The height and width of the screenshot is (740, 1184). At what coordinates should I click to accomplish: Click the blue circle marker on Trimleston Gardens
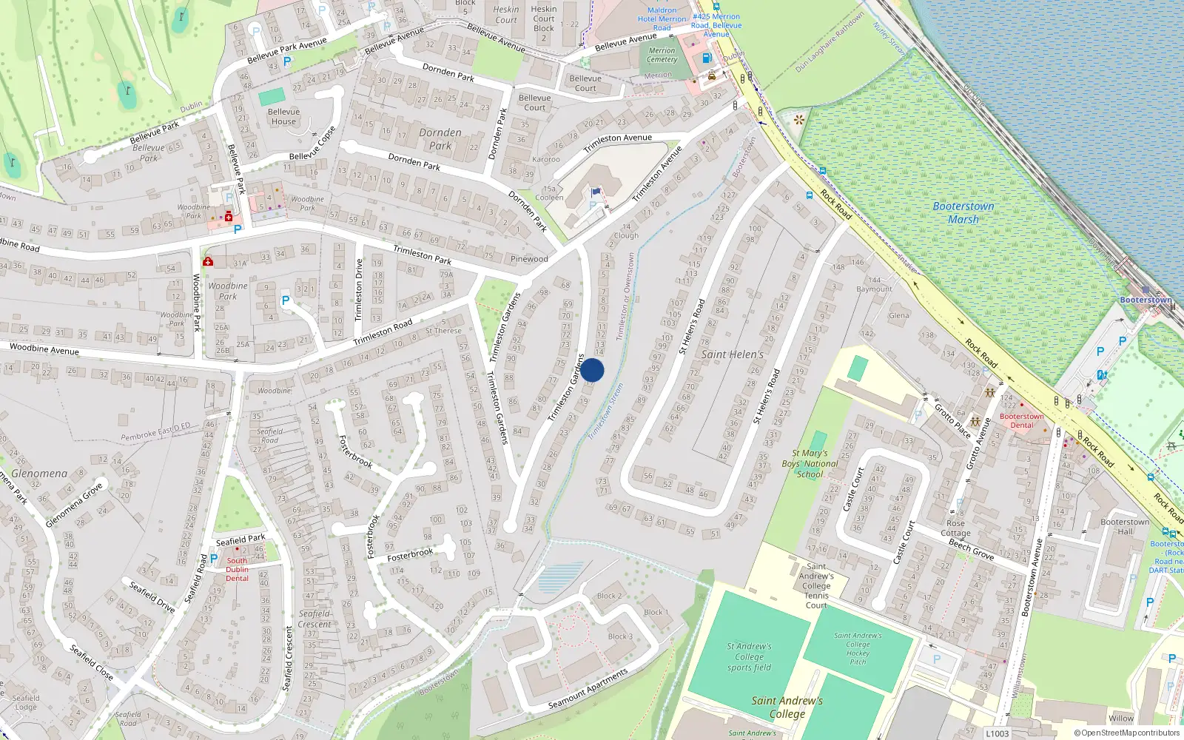(592, 370)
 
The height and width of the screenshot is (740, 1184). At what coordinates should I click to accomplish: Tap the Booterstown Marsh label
(963, 213)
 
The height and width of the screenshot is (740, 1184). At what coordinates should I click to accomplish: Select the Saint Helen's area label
(732, 354)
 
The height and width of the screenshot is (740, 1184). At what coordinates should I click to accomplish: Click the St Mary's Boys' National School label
(810, 464)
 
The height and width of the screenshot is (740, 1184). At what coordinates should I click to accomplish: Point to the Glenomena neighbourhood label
(39, 474)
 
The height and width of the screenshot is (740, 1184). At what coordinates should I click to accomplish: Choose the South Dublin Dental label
(237, 569)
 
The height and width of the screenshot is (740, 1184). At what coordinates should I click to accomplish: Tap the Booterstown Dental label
(1021, 420)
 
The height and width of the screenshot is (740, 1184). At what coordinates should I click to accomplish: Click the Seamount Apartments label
(588, 689)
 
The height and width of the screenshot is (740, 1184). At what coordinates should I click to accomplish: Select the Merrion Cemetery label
(662, 55)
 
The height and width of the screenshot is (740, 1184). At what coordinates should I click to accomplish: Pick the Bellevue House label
(283, 117)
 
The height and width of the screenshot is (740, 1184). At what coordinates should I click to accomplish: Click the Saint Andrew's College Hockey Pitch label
(858, 648)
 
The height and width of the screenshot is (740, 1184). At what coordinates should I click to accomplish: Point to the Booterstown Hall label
(1125, 526)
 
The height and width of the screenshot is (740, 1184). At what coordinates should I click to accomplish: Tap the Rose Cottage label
(955, 528)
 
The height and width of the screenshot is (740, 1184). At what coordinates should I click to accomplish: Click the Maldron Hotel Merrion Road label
(662, 19)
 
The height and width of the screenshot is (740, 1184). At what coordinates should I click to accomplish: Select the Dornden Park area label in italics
(440, 139)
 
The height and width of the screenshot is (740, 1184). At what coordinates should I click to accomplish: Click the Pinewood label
(529, 259)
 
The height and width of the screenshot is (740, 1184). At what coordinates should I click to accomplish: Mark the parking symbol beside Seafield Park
(214, 559)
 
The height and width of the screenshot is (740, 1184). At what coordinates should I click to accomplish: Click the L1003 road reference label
(997, 733)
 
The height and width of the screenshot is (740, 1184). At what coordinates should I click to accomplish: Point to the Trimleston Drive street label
(359, 289)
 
